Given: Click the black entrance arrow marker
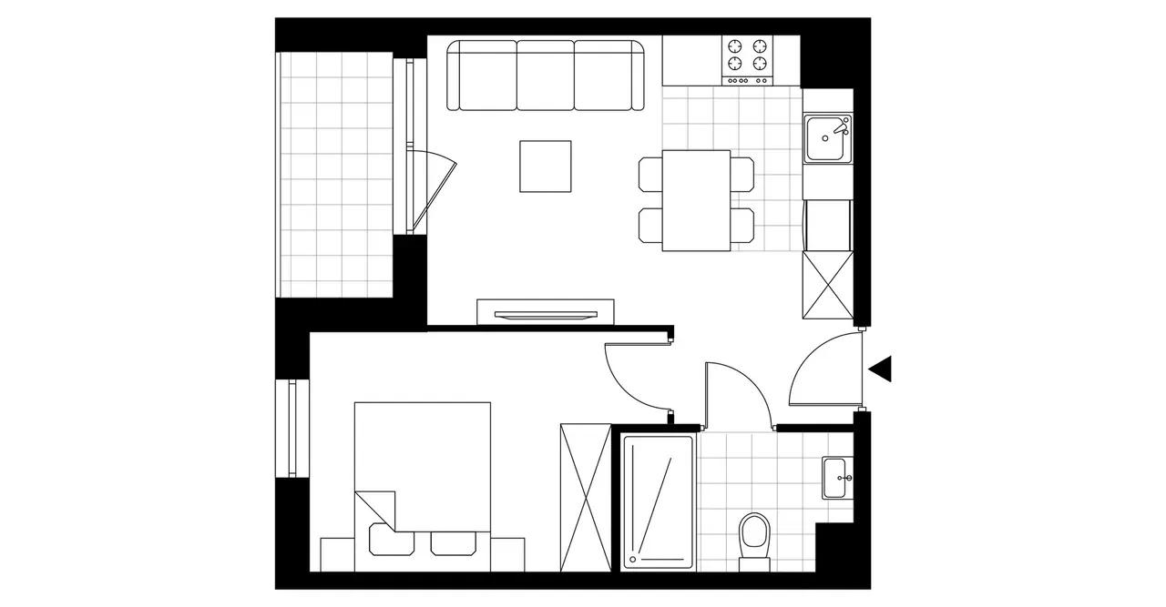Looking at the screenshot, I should [881, 369].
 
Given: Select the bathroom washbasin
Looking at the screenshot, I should [837, 478].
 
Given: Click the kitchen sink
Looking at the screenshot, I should [827, 138].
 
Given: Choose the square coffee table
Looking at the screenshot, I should [546, 166].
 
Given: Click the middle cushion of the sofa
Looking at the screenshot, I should [546, 75].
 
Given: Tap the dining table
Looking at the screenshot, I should [697, 200].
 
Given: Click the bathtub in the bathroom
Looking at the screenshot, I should [658, 501].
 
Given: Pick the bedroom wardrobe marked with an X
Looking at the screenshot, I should [585, 497].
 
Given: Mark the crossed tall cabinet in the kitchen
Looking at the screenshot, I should [827, 285].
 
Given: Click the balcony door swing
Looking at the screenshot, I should [435, 187].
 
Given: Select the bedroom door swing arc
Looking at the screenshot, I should [638, 373].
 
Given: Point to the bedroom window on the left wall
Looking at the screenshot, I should [293, 428].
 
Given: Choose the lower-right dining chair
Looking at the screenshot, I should [742, 225].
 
